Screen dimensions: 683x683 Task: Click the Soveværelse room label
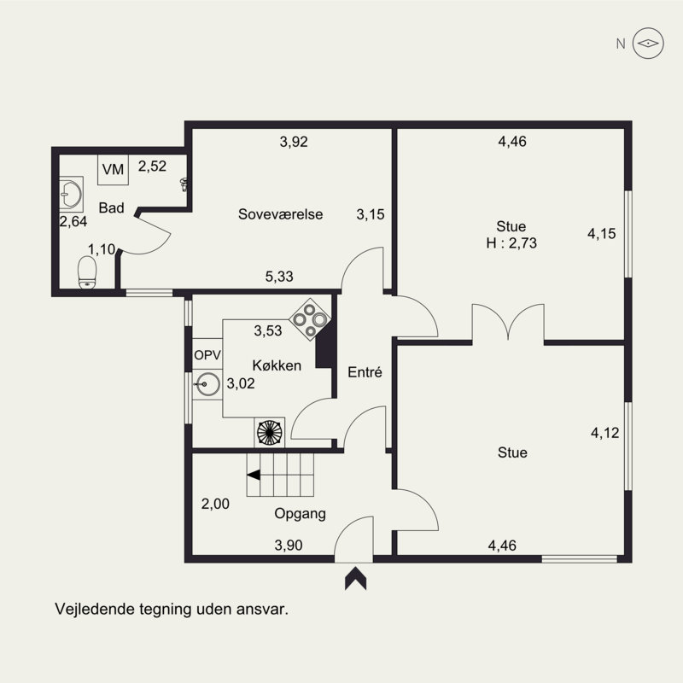tap(281, 214)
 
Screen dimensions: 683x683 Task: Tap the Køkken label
tap(277, 365)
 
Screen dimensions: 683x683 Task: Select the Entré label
tap(365, 372)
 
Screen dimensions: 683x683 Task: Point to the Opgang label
tap(301, 514)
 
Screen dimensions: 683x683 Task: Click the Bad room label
tap(112, 207)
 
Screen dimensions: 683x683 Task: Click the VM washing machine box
tap(113, 169)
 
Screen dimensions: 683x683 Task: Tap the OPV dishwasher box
tap(207, 355)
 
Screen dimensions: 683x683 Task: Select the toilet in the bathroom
tap(87, 272)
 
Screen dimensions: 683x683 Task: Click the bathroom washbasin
tap(71, 195)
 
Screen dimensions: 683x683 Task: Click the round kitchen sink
tap(207, 384)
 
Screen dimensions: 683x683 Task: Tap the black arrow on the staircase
tap(254, 475)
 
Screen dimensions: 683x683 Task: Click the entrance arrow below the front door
tap(355, 579)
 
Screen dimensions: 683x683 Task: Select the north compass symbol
tap(648, 44)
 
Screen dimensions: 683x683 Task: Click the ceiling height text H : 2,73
tap(511, 242)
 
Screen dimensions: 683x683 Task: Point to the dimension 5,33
tap(279, 276)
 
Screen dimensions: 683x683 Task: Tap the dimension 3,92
tap(294, 142)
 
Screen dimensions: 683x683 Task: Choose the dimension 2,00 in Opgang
tap(215, 504)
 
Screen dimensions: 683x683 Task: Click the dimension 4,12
tap(605, 433)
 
